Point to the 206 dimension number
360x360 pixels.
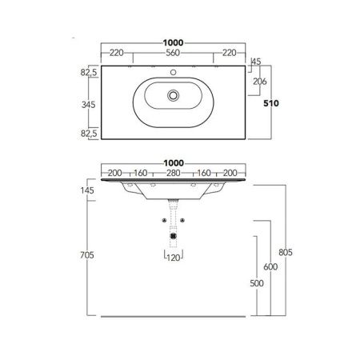point(259,82)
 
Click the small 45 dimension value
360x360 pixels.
point(257,61)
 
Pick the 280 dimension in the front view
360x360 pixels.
point(173,173)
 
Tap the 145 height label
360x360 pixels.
point(88,190)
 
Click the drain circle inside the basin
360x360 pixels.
point(173,96)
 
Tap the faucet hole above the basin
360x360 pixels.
point(173,71)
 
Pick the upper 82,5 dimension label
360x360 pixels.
point(88,72)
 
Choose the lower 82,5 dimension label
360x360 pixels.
point(88,133)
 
